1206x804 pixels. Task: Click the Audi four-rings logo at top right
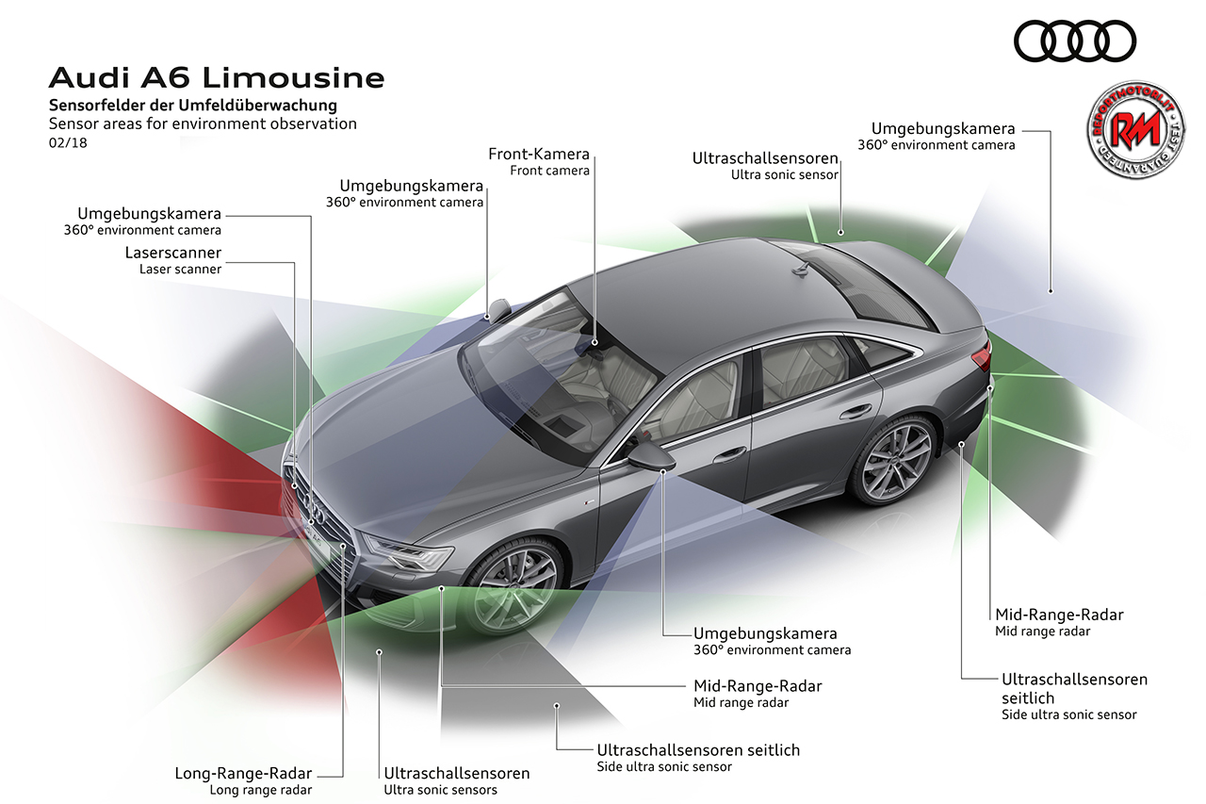(x=1075, y=41)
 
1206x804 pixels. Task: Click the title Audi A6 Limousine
(x=216, y=76)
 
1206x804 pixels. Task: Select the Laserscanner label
(x=173, y=254)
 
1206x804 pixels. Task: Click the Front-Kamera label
(x=539, y=154)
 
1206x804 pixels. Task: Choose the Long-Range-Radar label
(x=243, y=774)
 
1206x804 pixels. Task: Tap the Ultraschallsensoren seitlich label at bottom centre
(x=698, y=750)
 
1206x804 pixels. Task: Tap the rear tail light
(x=981, y=357)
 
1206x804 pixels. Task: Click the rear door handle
(x=856, y=411)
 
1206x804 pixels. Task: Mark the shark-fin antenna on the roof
(x=803, y=269)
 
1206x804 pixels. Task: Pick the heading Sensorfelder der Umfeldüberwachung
(x=192, y=106)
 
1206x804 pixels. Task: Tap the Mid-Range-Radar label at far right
(x=1059, y=615)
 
